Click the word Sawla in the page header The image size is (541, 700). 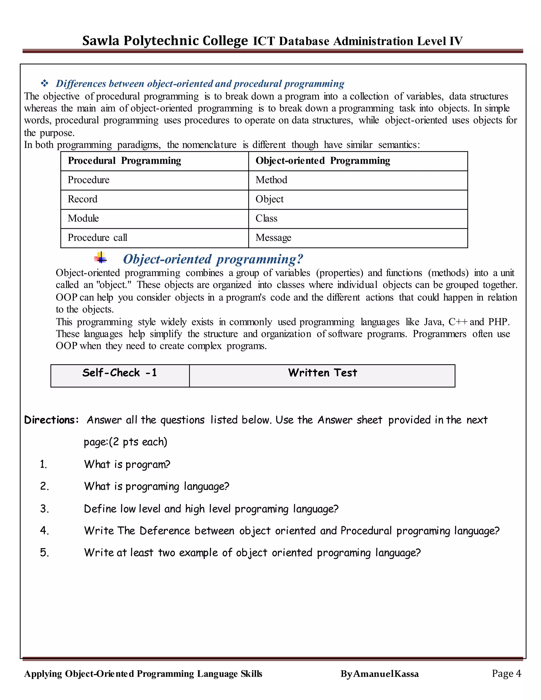[101, 41]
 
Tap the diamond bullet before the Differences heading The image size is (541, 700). [45, 84]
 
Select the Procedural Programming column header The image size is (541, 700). [124, 161]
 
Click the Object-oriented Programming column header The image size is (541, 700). [323, 161]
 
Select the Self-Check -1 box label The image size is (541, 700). [120, 373]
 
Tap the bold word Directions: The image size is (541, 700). [51, 420]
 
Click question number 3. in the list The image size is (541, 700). [45, 509]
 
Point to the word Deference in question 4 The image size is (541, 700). [165, 531]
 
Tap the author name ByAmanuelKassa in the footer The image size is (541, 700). [380, 674]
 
